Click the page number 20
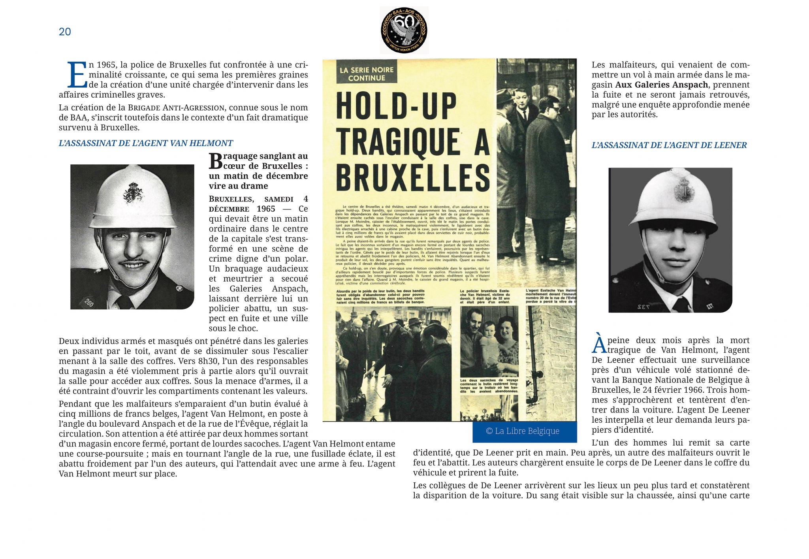click(x=65, y=32)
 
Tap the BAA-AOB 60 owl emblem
click(x=404, y=30)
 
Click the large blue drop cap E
click(x=77, y=75)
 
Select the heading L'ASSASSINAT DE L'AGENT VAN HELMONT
click(x=146, y=143)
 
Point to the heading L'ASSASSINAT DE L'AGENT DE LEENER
click(x=669, y=145)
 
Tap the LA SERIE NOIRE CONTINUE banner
click(x=367, y=73)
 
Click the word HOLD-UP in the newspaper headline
click(x=396, y=106)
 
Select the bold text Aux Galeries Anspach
click(x=661, y=85)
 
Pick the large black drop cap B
click(x=216, y=161)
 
